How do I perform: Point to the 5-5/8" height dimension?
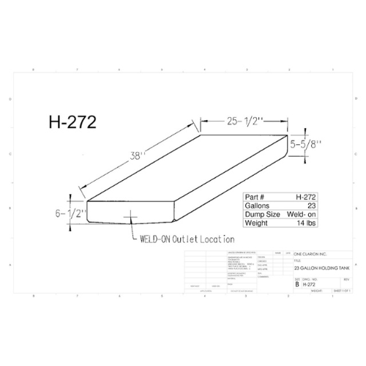tap(310, 144)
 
